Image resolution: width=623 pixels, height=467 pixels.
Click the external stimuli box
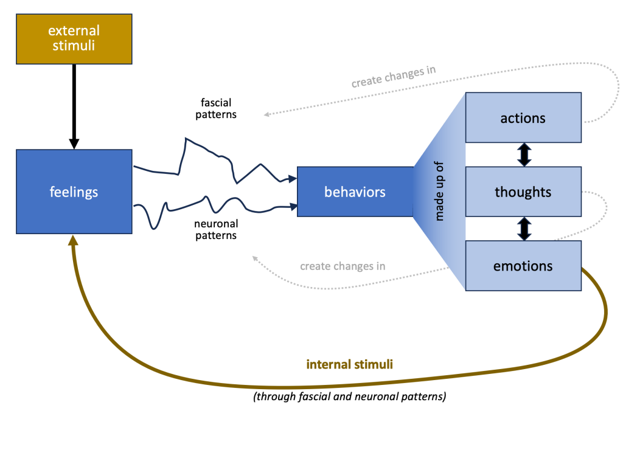(x=74, y=38)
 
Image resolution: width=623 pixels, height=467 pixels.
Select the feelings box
(x=74, y=192)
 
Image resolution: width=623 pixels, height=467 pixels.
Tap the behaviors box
(x=355, y=192)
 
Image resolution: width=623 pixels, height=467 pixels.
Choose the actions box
(x=523, y=117)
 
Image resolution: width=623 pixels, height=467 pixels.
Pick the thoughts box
(x=523, y=192)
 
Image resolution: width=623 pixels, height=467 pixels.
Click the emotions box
(x=523, y=266)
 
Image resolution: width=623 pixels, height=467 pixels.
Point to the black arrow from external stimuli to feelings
(x=74, y=103)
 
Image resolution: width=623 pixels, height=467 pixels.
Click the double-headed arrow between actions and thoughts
(x=524, y=154)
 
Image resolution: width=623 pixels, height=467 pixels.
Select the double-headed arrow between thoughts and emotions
(x=524, y=229)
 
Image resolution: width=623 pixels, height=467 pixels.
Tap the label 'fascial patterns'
(x=216, y=108)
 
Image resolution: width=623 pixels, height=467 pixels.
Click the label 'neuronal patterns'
(x=216, y=230)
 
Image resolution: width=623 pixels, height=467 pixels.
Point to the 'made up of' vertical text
(x=439, y=192)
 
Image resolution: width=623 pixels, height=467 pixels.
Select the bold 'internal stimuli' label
(x=349, y=365)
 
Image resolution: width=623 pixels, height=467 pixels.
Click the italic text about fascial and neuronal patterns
(x=349, y=397)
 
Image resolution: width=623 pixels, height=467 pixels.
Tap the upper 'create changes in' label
(x=393, y=77)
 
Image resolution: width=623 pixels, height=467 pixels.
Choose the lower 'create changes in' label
(x=343, y=266)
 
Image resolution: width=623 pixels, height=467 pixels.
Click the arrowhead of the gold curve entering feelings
(x=74, y=240)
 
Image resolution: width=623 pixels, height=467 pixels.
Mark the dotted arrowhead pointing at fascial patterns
(x=266, y=114)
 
